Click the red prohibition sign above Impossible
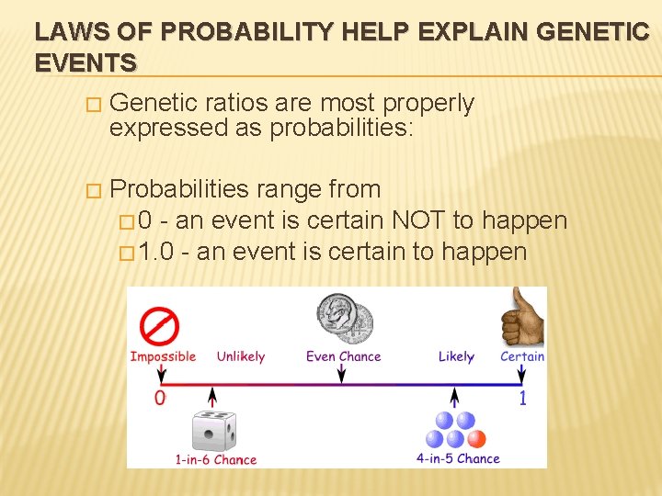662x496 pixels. pyautogui.click(x=159, y=327)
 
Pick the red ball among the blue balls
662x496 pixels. pyautogui.click(x=476, y=438)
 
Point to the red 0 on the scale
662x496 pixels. pyautogui.click(x=160, y=398)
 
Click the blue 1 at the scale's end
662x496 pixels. pyautogui.click(x=523, y=398)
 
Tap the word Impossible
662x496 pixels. pyautogui.click(x=163, y=356)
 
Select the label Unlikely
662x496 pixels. pyautogui.click(x=240, y=356)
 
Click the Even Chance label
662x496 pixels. pyautogui.click(x=343, y=356)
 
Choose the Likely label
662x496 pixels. pyautogui.click(x=456, y=356)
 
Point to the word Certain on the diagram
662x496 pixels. pyautogui.click(x=522, y=356)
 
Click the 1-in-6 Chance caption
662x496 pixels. pyautogui.click(x=215, y=459)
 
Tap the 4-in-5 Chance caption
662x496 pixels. pyautogui.click(x=458, y=458)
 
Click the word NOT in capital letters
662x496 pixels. pyautogui.click(x=421, y=220)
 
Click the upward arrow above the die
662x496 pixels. pyautogui.click(x=213, y=397)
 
